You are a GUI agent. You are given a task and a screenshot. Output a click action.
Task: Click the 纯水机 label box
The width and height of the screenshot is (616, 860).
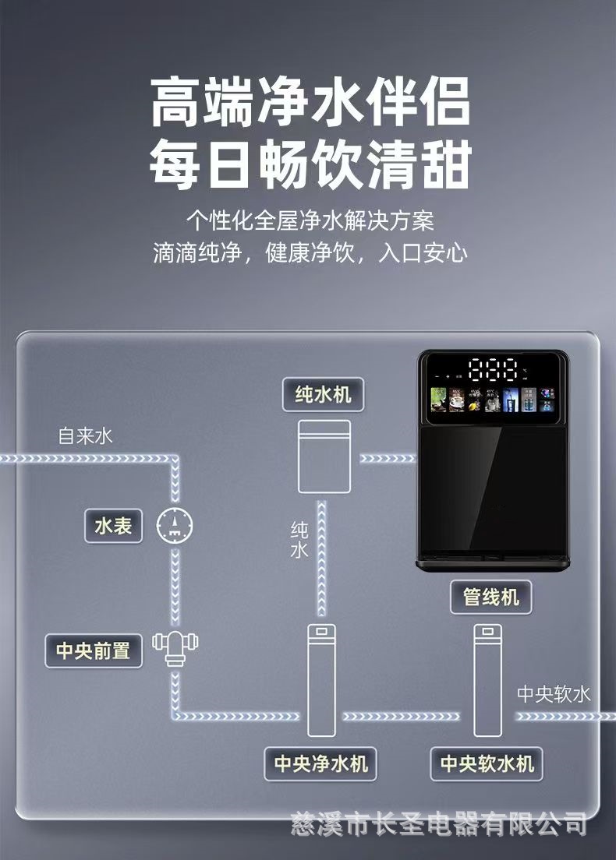pyautogui.click(x=323, y=395)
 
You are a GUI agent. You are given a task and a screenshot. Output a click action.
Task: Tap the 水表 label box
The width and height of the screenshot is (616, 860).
pyautogui.click(x=113, y=527)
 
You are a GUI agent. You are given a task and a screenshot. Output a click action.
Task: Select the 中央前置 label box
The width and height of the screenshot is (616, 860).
pyautogui.click(x=93, y=650)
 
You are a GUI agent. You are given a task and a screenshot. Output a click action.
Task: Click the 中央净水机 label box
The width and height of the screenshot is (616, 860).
pyautogui.click(x=320, y=763)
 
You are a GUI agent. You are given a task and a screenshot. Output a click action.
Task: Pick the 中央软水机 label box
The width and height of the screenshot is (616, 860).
pyautogui.click(x=487, y=763)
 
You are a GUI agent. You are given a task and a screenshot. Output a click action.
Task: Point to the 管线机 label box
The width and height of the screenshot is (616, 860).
pyautogui.click(x=490, y=597)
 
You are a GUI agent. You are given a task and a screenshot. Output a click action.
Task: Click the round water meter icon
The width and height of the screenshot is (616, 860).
pyautogui.click(x=175, y=527)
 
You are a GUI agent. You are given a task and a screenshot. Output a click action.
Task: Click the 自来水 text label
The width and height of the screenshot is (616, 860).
pyautogui.click(x=86, y=435)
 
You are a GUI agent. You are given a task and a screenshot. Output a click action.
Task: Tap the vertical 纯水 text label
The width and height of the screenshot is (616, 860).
pyautogui.click(x=299, y=540)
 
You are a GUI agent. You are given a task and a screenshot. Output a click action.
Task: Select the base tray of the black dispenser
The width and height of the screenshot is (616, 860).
pyautogui.click(x=493, y=562)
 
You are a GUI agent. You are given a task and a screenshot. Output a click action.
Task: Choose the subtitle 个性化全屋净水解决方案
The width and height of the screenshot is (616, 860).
pyautogui.click(x=310, y=220)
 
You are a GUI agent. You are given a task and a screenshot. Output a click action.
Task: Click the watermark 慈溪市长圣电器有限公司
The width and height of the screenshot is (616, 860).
pyautogui.click(x=438, y=822)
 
